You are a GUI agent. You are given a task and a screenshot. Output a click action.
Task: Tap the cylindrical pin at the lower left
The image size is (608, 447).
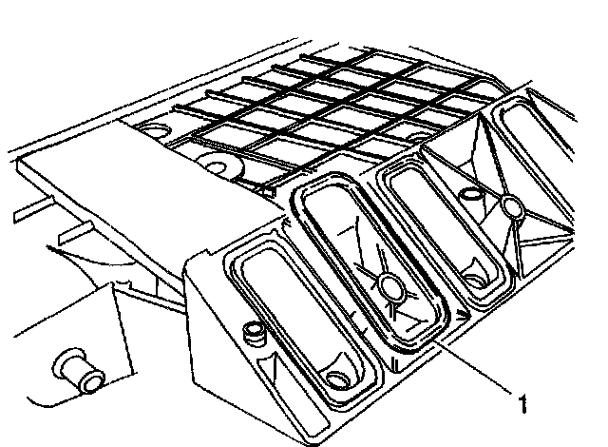tap(81, 371)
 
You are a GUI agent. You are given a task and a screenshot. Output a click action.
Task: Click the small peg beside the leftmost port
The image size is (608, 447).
tap(253, 332)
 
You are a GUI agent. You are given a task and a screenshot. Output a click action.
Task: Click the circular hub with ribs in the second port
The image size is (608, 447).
tap(389, 285)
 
